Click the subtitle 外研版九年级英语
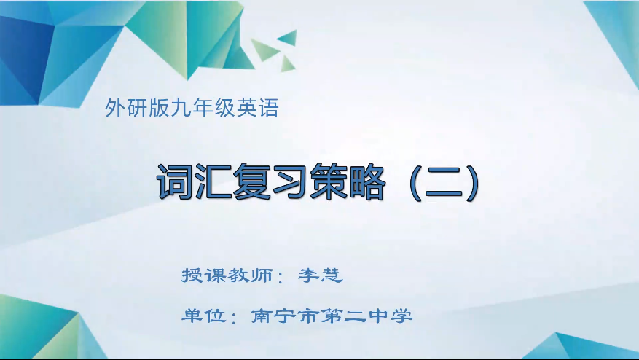pos(192,109)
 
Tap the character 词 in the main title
pos(175,183)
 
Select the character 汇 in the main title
pos(213,183)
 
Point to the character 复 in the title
pos(251,183)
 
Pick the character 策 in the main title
pos(328,183)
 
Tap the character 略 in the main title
pos(366,183)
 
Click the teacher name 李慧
pos(320,275)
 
